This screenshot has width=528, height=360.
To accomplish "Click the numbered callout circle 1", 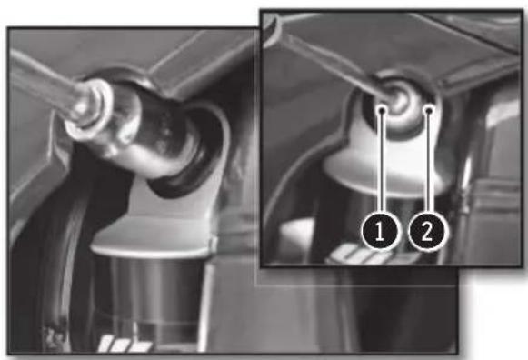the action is coord(380,232).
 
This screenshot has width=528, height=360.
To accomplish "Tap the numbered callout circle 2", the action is coord(426,232).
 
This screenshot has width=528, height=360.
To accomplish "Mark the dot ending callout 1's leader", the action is coord(382,110).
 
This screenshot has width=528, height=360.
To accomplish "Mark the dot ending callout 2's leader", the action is coord(428,110).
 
